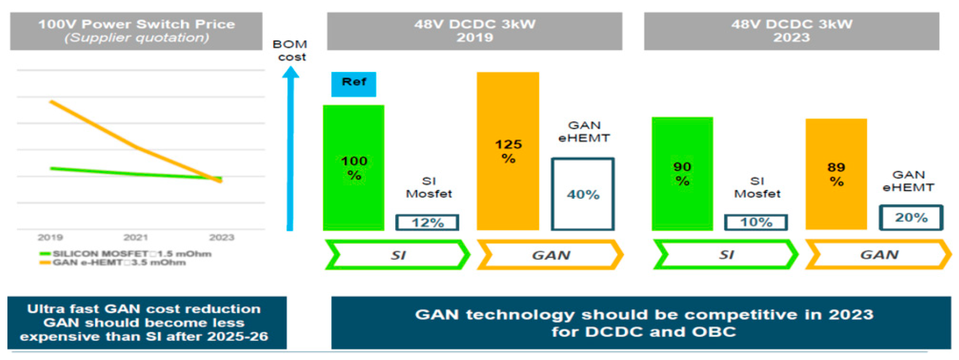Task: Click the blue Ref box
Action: pos(354,84)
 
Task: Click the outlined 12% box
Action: pos(427,223)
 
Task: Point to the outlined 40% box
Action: pos(583,194)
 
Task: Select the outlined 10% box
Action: pos(756,222)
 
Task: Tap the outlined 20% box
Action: pos(911,217)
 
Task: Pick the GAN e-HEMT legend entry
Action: pos(113,263)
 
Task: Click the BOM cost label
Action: pos(290,50)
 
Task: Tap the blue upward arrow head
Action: pos(290,72)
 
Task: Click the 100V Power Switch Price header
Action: pos(136,31)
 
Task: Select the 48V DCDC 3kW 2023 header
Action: pos(791,31)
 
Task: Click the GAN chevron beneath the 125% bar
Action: pos(550,255)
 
